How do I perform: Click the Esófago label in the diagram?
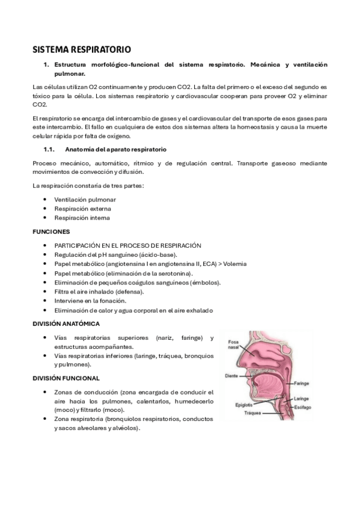(x=304, y=407)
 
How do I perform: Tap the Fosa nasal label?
(x=234, y=345)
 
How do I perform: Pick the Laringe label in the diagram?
(x=302, y=398)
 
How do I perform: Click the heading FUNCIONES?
(x=51, y=231)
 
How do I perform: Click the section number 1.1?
(x=49, y=149)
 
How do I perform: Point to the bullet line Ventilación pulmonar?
(x=85, y=199)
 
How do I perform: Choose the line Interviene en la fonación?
(x=90, y=301)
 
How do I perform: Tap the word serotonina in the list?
(x=158, y=273)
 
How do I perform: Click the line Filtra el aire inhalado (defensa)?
(x=99, y=292)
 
